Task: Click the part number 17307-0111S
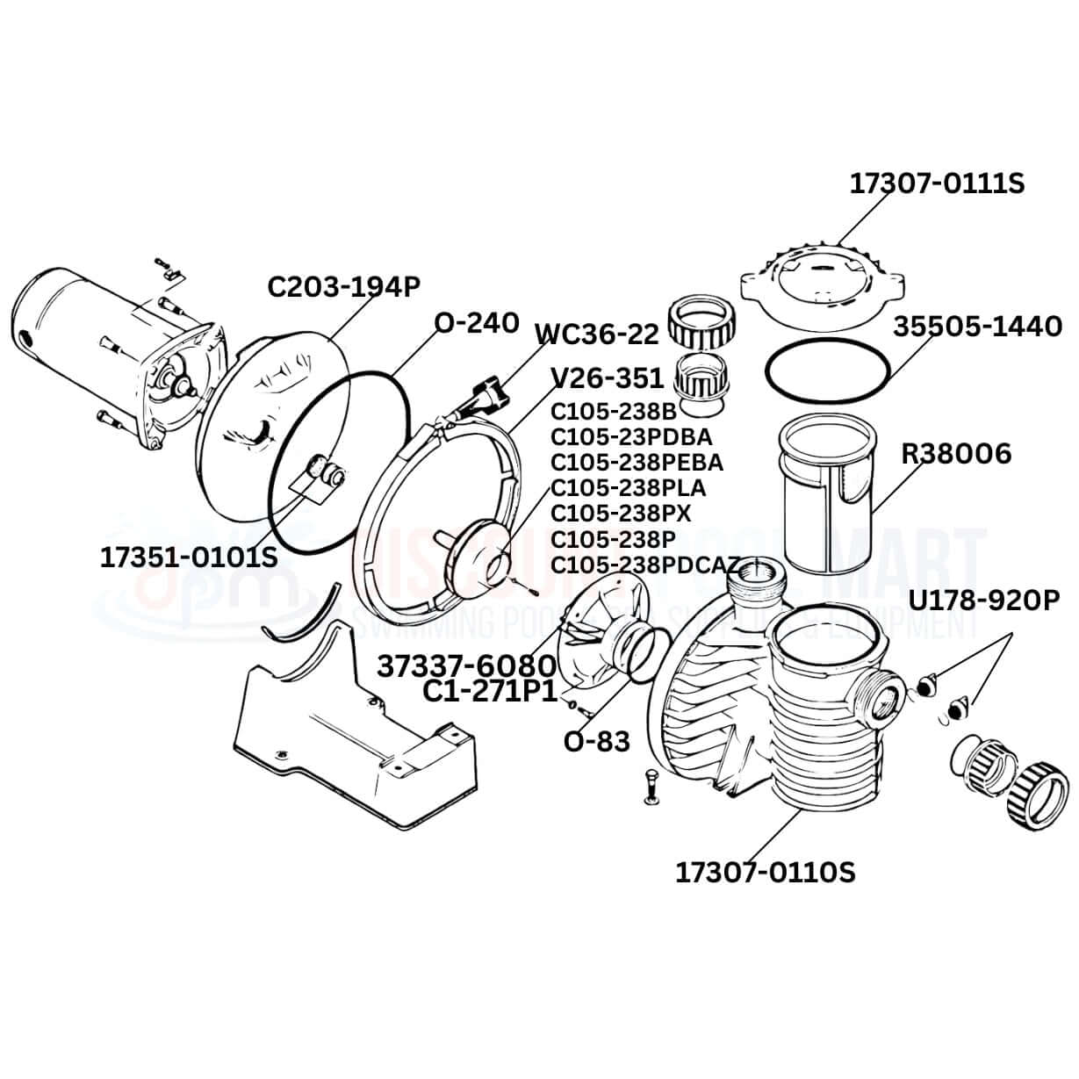click(936, 183)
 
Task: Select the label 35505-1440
click(978, 327)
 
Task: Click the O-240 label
click(477, 323)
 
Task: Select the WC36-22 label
click(597, 334)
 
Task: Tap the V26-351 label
click(607, 378)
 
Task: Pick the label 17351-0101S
click(189, 557)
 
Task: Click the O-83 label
click(596, 742)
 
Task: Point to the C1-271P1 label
click(490, 693)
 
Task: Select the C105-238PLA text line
click(628, 486)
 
